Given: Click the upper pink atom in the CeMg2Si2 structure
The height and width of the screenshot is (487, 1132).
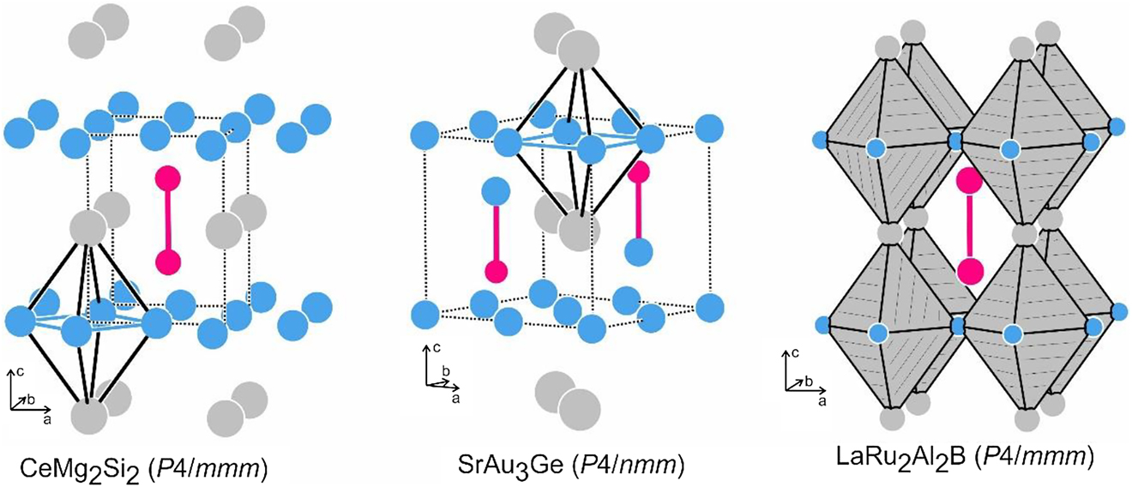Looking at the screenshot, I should pyautogui.click(x=168, y=178).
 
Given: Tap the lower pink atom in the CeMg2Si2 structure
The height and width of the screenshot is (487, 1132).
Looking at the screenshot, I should pyautogui.click(x=168, y=261).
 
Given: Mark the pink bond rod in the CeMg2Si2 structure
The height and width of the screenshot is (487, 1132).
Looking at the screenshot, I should pyautogui.click(x=168, y=219).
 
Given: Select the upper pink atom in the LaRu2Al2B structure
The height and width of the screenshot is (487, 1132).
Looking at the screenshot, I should pyautogui.click(x=969, y=182).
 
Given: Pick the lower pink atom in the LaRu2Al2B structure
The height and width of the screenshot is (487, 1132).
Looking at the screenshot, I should pyautogui.click(x=969, y=271).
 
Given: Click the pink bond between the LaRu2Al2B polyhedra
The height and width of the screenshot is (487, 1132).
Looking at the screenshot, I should pyautogui.click(x=969, y=226).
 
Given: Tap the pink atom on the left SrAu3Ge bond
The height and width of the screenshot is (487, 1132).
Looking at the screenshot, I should pyautogui.click(x=496, y=271).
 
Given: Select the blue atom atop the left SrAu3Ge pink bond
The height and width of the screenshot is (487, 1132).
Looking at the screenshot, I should pyautogui.click(x=496, y=189).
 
